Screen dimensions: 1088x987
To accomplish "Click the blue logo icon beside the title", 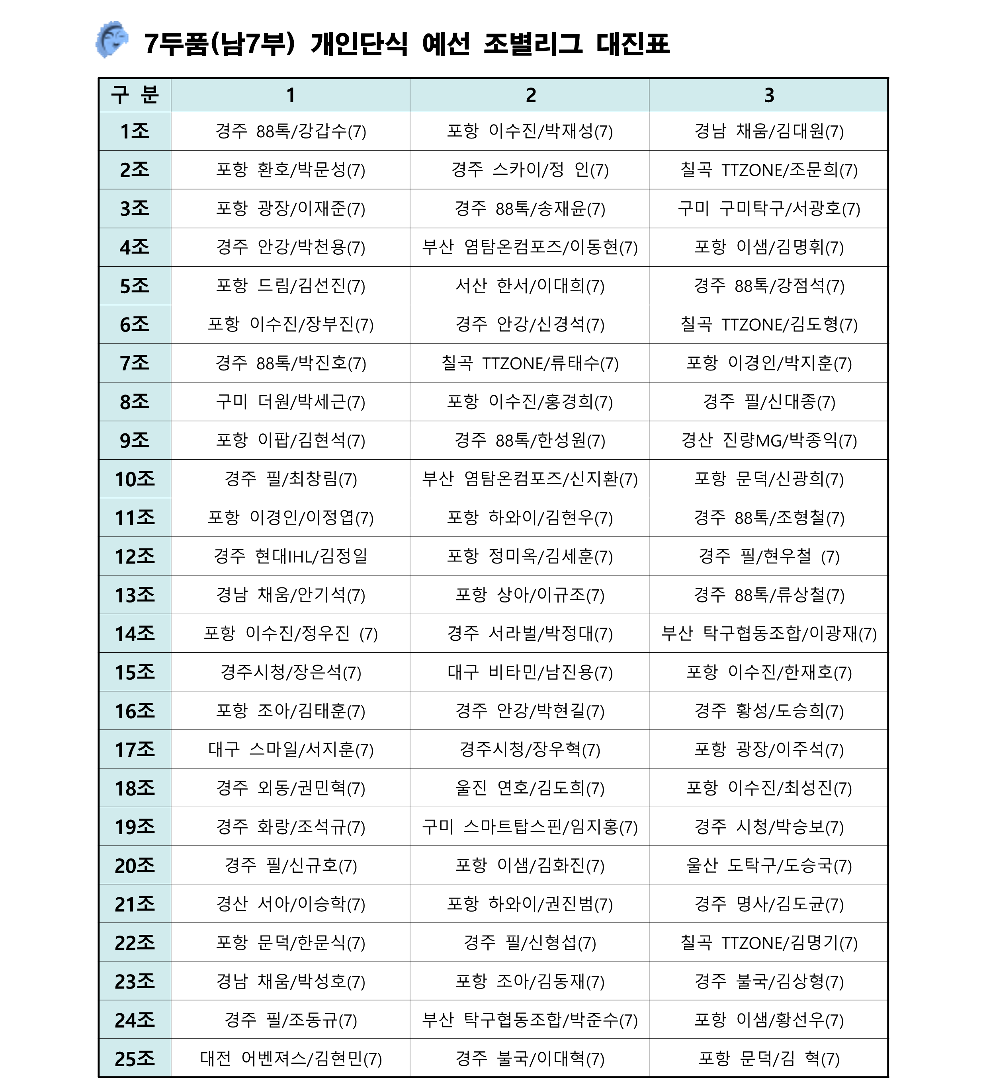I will (112, 39).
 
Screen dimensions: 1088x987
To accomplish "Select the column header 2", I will (530, 96).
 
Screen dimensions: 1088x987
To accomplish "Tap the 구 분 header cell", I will (135, 96).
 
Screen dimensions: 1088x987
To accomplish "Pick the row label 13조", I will (135, 595).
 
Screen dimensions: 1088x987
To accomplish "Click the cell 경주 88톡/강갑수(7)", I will (291, 131).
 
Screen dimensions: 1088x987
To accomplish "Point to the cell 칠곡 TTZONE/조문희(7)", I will (768, 170).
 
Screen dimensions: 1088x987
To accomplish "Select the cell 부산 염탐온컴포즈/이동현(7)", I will (530, 247).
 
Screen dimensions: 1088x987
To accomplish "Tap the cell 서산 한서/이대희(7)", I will (530, 285).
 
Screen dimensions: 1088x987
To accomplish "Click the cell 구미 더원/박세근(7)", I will (291, 402).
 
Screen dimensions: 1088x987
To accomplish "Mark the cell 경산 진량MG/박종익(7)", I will (768, 441).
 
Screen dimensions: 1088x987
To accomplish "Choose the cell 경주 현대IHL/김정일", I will (291, 556).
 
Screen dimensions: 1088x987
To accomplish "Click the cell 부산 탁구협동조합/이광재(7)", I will (768, 633).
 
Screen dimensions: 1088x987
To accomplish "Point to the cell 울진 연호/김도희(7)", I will (530, 788).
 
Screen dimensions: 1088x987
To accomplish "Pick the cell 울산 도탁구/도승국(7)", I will (768, 866).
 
